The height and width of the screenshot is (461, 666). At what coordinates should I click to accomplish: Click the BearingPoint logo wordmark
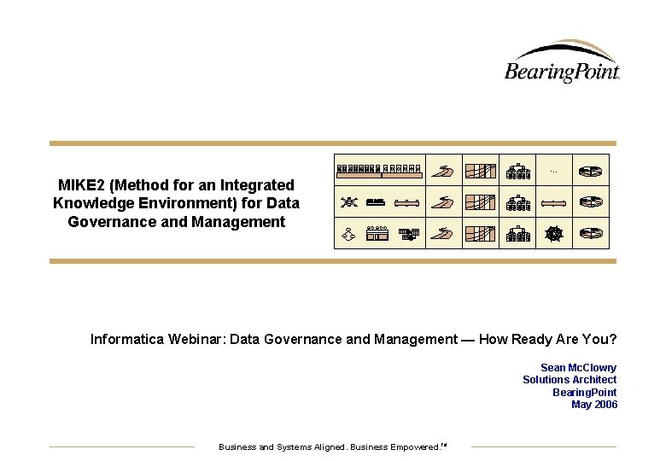click(x=561, y=71)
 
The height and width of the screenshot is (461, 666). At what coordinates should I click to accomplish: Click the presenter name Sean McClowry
click(x=578, y=368)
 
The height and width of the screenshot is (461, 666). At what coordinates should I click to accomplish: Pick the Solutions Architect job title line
click(x=570, y=380)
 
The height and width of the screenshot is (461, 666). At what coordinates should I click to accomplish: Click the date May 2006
click(x=593, y=405)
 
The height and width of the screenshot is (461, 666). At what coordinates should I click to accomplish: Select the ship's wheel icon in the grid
click(x=554, y=233)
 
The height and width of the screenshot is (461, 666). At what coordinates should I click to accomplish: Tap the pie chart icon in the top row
click(x=590, y=171)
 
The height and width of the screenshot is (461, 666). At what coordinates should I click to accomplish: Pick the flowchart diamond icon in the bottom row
click(x=348, y=233)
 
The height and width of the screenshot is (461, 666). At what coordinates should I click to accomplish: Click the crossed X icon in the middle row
click(x=348, y=202)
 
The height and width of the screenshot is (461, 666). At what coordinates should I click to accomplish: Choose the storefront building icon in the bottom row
click(x=377, y=233)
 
